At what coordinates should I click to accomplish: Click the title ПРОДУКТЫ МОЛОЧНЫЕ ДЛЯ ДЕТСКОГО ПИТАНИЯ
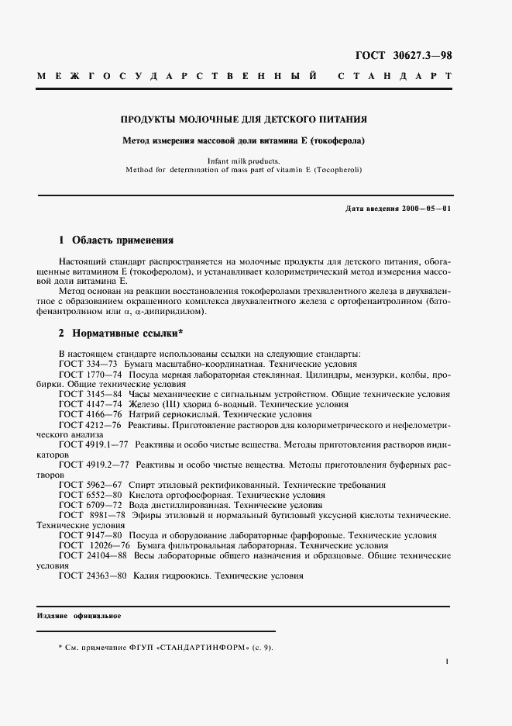pyautogui.click(x=243, y=120)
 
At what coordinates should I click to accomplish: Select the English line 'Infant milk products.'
pyautogui.click(x=242, y=161)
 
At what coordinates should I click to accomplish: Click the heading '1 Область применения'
pyautogui.click(x=116, y=240)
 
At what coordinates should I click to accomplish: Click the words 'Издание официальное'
pyautogui.click(x=79, y=616)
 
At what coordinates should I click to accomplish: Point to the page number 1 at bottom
pyautogui.click(x=448, y=661)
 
